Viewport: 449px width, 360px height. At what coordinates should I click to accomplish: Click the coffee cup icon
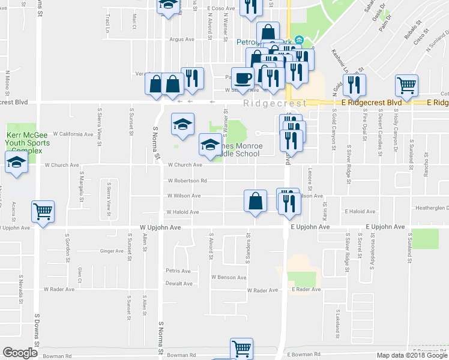(x=243, y=78)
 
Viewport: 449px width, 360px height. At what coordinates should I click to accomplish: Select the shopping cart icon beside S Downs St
(x=43, y=211)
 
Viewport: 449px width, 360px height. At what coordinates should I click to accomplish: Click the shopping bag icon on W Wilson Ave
(x=255, y=200)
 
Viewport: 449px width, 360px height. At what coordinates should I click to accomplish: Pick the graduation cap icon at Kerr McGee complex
(x=16, y=162)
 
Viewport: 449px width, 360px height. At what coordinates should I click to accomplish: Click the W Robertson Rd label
(x=187, y=180)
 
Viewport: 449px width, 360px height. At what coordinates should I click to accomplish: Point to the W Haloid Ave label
(x=183, y=211)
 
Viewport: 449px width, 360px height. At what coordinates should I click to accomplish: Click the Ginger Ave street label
(x=111, y=251)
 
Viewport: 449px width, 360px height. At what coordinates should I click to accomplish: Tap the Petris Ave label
(x=178, y=271)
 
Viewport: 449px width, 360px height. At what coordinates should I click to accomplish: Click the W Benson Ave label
(x=229, y=278)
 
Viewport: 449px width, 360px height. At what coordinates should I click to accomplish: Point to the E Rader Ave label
(x=306, y=290)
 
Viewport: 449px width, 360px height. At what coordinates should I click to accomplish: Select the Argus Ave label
(x=182, y=40)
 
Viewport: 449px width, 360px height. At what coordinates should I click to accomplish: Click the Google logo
(x=20, y=352)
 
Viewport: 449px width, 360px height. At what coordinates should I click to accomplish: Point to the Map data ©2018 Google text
(x=411, y=356)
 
